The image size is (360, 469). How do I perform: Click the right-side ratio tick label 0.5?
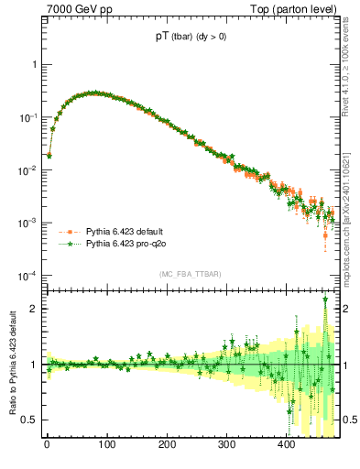point(349,420)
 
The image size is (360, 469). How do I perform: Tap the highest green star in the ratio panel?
point(325,300)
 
